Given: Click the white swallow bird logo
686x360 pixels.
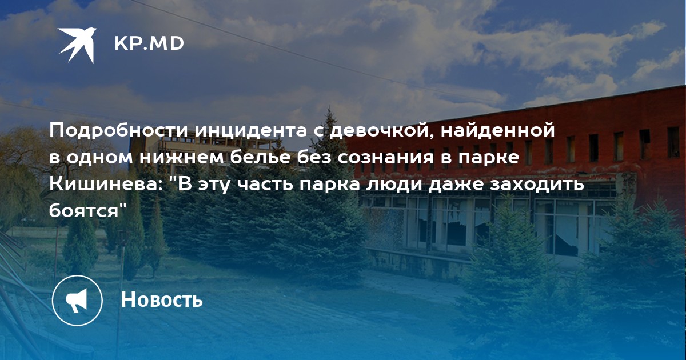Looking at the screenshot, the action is [77, 45].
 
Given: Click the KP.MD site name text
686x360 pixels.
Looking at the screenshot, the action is [149, 43].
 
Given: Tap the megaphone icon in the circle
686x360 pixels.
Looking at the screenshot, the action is [77, 301].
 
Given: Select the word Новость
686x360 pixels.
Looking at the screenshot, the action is [162, 299].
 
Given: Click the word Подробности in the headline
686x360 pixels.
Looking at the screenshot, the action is [118, 131].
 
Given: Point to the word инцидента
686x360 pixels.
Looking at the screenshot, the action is [251, 131].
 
